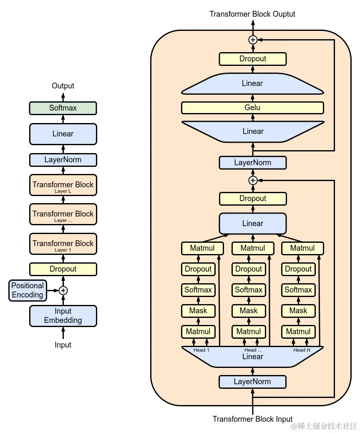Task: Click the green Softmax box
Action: click(x=63, y=108)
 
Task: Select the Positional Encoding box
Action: click(x=28, y=290)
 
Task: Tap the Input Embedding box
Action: click(x=63, y=316)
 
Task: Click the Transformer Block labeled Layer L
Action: click(x=63, y=185)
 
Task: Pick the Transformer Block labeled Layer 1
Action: click(x=63, y=244)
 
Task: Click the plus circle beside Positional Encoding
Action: click(x=63, y=290)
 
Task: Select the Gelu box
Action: click(x=252, y=108)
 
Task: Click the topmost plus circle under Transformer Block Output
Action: click(x=253, y=40)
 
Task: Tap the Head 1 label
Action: click(x=201, y=350)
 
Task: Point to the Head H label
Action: click(x=302, y=350)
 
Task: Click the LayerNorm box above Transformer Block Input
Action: click(x=252, y=382)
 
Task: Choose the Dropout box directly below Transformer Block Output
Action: click(x=252, y=59)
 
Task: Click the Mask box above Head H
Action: click(x=298, y=311)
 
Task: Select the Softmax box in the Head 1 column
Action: click(x=198, y=290)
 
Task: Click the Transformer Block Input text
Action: click(x=252, y=419)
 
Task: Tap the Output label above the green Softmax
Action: click(x=63, y=86)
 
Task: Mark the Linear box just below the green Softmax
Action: click(x=63, y=134)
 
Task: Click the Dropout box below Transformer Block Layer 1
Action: click(x=63, y=269)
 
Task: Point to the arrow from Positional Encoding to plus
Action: click(x=53, y=290)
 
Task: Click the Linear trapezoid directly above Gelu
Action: click(x=252, y=83)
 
